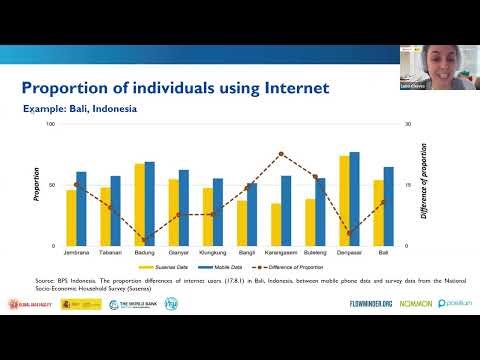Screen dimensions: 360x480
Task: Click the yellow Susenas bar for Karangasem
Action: click(276, 224)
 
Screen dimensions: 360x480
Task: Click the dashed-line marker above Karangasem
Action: click(281, 153)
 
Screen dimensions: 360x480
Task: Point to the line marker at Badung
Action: click(145, 240)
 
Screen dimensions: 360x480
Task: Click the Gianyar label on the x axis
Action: click(179, 254)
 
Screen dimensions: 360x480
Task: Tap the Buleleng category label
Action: click(315, 254)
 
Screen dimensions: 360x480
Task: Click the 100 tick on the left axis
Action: click(50, 124)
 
